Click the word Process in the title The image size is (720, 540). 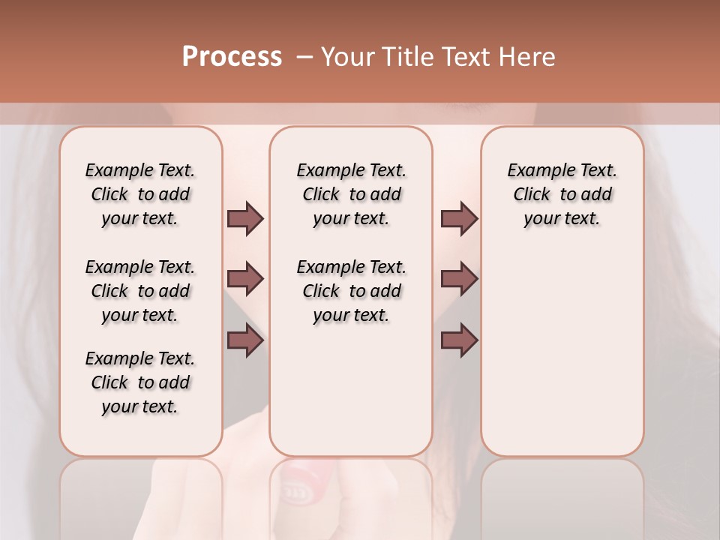click(x=232, y=57)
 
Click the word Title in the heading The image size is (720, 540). click(x=410, y=57)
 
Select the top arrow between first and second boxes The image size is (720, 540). click(x=245, y=219)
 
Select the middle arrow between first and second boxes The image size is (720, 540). click(x=245, y=279)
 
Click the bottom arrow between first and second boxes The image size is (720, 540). click(x=245, y=341)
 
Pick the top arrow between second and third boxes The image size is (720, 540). click(x=459, y=219)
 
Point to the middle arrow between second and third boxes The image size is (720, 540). click(x=459, y=279)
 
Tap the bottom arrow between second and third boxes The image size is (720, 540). click(x=459, y=341)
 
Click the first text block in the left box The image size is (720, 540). click(x=140, y=194)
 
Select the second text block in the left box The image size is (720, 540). click(x=140, y=291)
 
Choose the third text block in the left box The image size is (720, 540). click(x=140, y=382)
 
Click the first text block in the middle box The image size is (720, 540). click(x=351, y=194)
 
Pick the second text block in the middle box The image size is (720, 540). click(x=351, y=291)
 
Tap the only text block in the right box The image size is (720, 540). click(x=562, y=194)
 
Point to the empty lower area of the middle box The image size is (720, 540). click(x=351, y=390)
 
